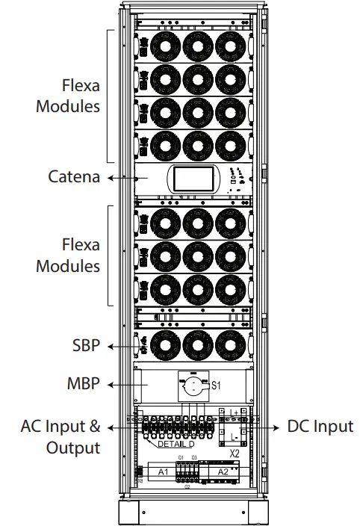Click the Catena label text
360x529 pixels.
pos(74,178)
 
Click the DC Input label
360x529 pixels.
pos(320,427)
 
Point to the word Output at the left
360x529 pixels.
pos(73,448)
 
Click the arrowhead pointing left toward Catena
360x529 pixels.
pos(110,178)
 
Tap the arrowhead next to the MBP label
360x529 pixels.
pos(110,384)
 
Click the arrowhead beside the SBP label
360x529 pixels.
pos(110,346)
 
